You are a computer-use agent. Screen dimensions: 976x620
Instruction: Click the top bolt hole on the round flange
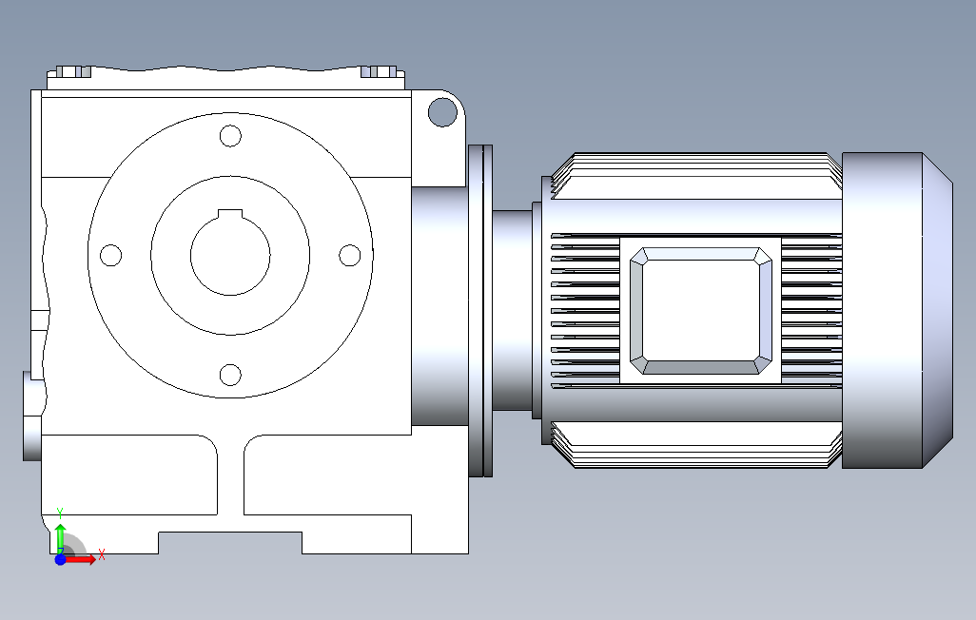(x=230, y=136)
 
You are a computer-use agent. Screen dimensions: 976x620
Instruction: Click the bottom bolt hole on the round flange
(x=230, y=375)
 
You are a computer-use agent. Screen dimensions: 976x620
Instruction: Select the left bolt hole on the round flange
(x=110, y=255)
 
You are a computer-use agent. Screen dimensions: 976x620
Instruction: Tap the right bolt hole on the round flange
(x=350, y=255)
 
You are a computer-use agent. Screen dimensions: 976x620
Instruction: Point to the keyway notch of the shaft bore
(x=230, y=214)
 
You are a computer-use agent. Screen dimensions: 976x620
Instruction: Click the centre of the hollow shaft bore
(x=230, y=255)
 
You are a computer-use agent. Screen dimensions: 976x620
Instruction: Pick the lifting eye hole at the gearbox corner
(x=442, y=112)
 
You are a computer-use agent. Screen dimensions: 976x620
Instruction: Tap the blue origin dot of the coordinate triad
(x=60, y=560)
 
